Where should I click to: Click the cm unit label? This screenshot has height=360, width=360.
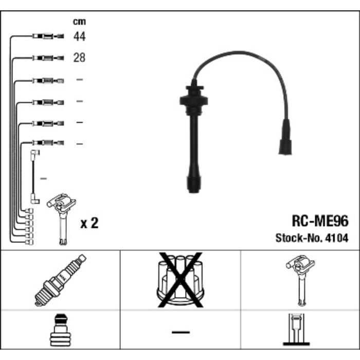pyautogui.click(x=79, y=22)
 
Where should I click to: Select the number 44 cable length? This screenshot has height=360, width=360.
pyautogui.click(x=79, y=37)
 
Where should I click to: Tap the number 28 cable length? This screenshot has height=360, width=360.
pyautogui.click(x=79, y=58)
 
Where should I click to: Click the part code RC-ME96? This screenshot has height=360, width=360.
pyautogui.click(x=320, y=221)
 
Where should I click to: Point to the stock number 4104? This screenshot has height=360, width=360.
pyautogui.click(x=336, y=238)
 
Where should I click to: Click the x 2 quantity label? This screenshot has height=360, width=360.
pyautogui.click(x=89, y=223)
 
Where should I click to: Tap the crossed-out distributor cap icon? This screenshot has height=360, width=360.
pyautogui.click(x=181, y=279)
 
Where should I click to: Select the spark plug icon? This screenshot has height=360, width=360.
pyautogui.click(x=60, y=280)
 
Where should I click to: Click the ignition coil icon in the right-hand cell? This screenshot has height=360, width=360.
pyautogui.click(x=300, y=280)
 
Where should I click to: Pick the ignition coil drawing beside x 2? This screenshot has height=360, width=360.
pyautogui.click(x=62, y=219)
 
